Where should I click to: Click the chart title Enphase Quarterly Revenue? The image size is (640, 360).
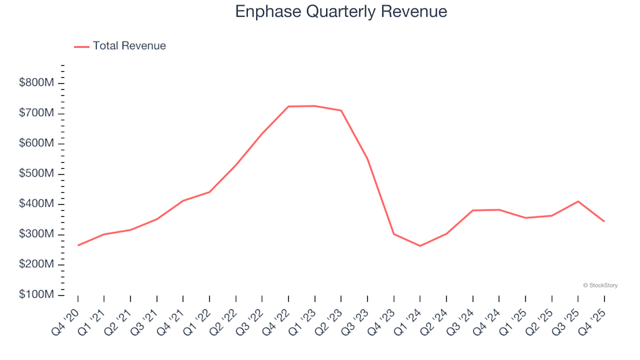(341, 11)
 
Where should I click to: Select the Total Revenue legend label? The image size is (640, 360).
(129, 46)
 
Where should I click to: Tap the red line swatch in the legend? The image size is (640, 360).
(81, 47)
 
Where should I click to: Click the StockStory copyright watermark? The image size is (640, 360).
(600, 285)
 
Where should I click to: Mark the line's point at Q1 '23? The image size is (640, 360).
(315, 106)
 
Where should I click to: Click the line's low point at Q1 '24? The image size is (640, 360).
(420, 246)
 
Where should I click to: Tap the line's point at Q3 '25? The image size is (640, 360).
(578, 201)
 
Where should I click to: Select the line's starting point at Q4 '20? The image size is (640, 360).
(78, 245)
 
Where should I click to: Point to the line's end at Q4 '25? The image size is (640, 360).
(604, 221)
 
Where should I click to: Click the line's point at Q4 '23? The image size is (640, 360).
(393, 234)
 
